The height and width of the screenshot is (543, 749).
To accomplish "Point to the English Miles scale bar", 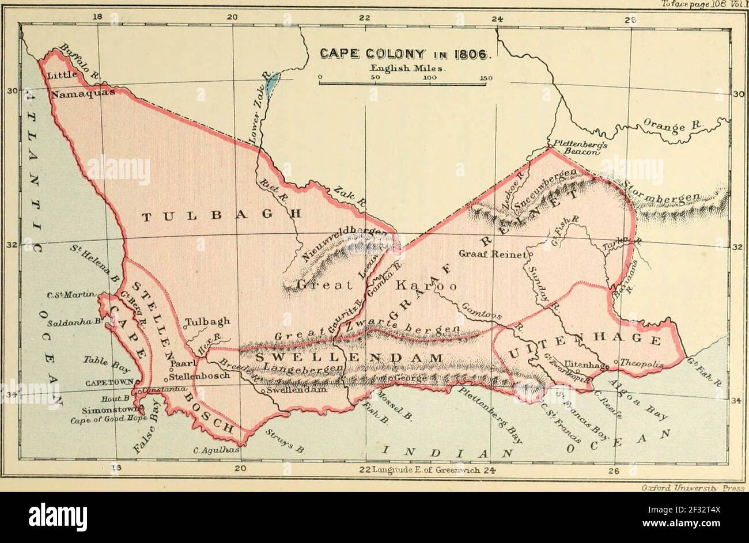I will tap(402, 84).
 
